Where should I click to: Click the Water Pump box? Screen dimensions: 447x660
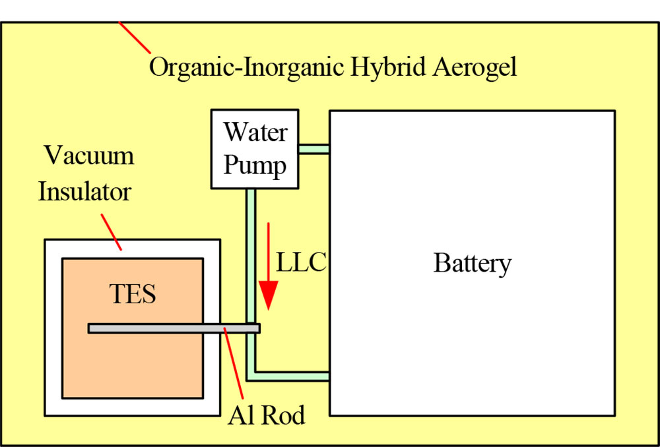click(x=254, y=149)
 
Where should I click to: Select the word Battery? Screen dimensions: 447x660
click(x=472, y=264)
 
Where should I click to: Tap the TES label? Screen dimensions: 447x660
click(x=133, y=294)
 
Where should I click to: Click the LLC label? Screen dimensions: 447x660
click(x=301, y=263)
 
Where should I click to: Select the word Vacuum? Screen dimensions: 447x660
click(x=89, y=156)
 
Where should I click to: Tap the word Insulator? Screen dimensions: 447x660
click(x=84, y=193)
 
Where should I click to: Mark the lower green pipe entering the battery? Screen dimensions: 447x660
click(x=290, y=376)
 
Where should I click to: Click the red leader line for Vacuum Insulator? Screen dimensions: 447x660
click(x=111, y=232)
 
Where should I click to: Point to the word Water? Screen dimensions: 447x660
click(x=255, y=133)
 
